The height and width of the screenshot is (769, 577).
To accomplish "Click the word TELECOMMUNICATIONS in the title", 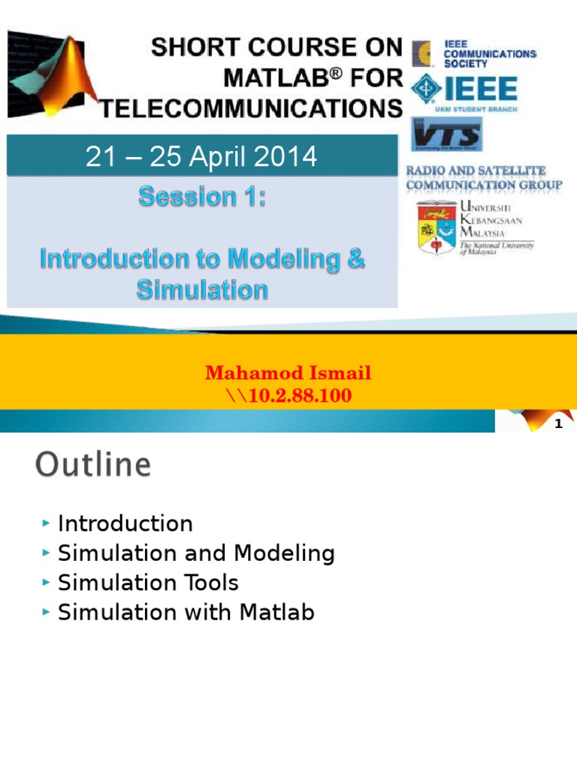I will click(252, 110).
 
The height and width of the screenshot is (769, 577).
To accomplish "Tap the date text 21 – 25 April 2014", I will click(201, 157).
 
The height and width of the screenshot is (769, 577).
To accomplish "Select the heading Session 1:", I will click(202, 197).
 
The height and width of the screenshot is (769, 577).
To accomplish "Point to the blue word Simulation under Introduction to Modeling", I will click(202, 290).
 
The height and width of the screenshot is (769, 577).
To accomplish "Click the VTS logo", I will click(446, 137).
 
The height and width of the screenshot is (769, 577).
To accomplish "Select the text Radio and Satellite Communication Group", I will click(484, 178).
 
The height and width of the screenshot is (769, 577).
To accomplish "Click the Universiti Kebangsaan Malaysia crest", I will click(437, 227).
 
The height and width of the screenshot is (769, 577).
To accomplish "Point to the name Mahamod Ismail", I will click(288, 373).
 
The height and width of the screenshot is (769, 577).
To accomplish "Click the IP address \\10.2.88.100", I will click(288, 395).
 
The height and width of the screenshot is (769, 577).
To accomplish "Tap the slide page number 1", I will click(558, 425).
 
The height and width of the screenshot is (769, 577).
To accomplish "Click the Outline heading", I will click(93, 465).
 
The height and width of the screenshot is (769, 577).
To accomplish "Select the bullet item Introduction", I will click(125, 523).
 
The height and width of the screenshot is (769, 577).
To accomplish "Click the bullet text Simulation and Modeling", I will click(196, 553).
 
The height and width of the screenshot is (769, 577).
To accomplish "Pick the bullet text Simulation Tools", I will click(148, 583).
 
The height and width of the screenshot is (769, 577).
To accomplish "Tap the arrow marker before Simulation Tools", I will click(47, 583).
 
